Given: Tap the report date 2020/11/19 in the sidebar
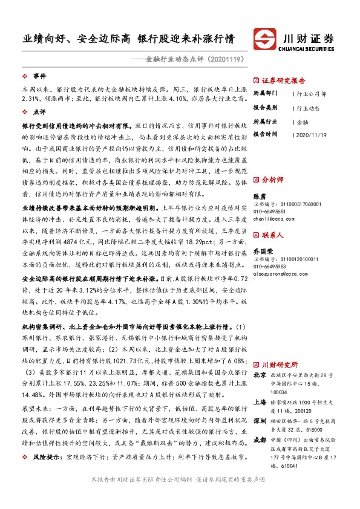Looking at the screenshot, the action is point(312,134).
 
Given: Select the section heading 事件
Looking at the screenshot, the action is point(40,76).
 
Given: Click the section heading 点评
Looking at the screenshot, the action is point(40,112).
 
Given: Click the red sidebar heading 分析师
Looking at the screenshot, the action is point(272,180).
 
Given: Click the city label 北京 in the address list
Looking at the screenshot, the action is point(259,375).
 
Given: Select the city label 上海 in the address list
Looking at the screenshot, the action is point(259,400).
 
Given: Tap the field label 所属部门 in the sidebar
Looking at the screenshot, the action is point(266,94).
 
